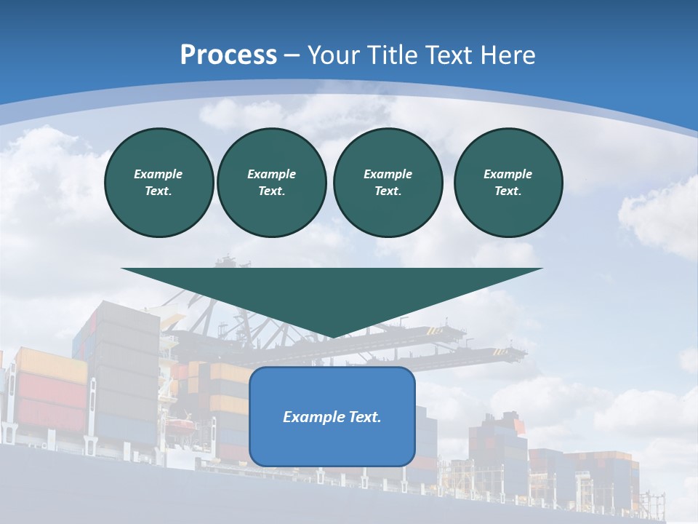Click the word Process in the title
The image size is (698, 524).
click(x=228, y=55)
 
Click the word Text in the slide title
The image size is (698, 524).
click(x=449, y=55)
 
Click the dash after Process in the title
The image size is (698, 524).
click(x=292, y=56)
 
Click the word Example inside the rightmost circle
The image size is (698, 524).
click(x=508, y=174)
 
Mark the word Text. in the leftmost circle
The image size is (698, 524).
click(x=159, y=191)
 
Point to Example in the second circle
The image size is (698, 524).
click(x=271, y=174)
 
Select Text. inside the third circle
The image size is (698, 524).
click(x=388, y=191)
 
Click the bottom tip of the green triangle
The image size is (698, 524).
click(x=332, y=337)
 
